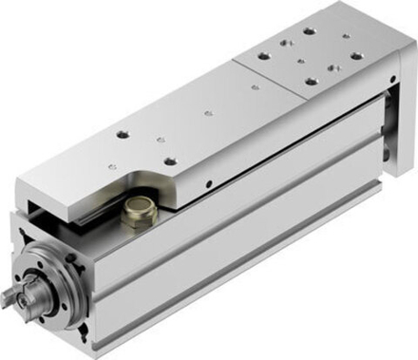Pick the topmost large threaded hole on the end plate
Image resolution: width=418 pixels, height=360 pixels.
pyautogui.click(x=308, y=31)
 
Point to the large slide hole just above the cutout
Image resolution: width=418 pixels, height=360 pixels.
pyautogui.click(x=172, y=161)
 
